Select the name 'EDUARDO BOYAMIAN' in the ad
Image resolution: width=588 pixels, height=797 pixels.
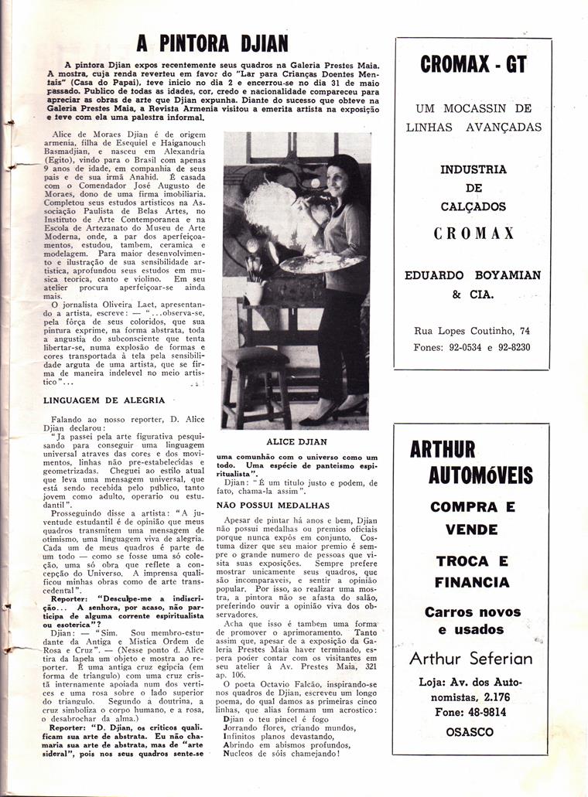coord(473,275)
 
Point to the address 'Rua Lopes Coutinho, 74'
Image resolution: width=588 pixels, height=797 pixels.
coord(472,331)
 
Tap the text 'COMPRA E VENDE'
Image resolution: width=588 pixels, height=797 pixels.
coord(472,518)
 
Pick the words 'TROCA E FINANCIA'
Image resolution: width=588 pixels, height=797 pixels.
coord(472,571)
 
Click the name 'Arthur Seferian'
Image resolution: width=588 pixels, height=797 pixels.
coord(471,659)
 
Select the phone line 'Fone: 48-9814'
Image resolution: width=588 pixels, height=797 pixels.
coord(472,712)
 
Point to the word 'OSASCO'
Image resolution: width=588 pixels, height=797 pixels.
coord(472,731)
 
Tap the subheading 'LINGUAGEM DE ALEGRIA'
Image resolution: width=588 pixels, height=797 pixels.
coord(104,400)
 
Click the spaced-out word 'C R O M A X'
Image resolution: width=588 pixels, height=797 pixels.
coord(472,233)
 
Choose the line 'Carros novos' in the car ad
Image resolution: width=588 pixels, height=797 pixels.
coord(472,612)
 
